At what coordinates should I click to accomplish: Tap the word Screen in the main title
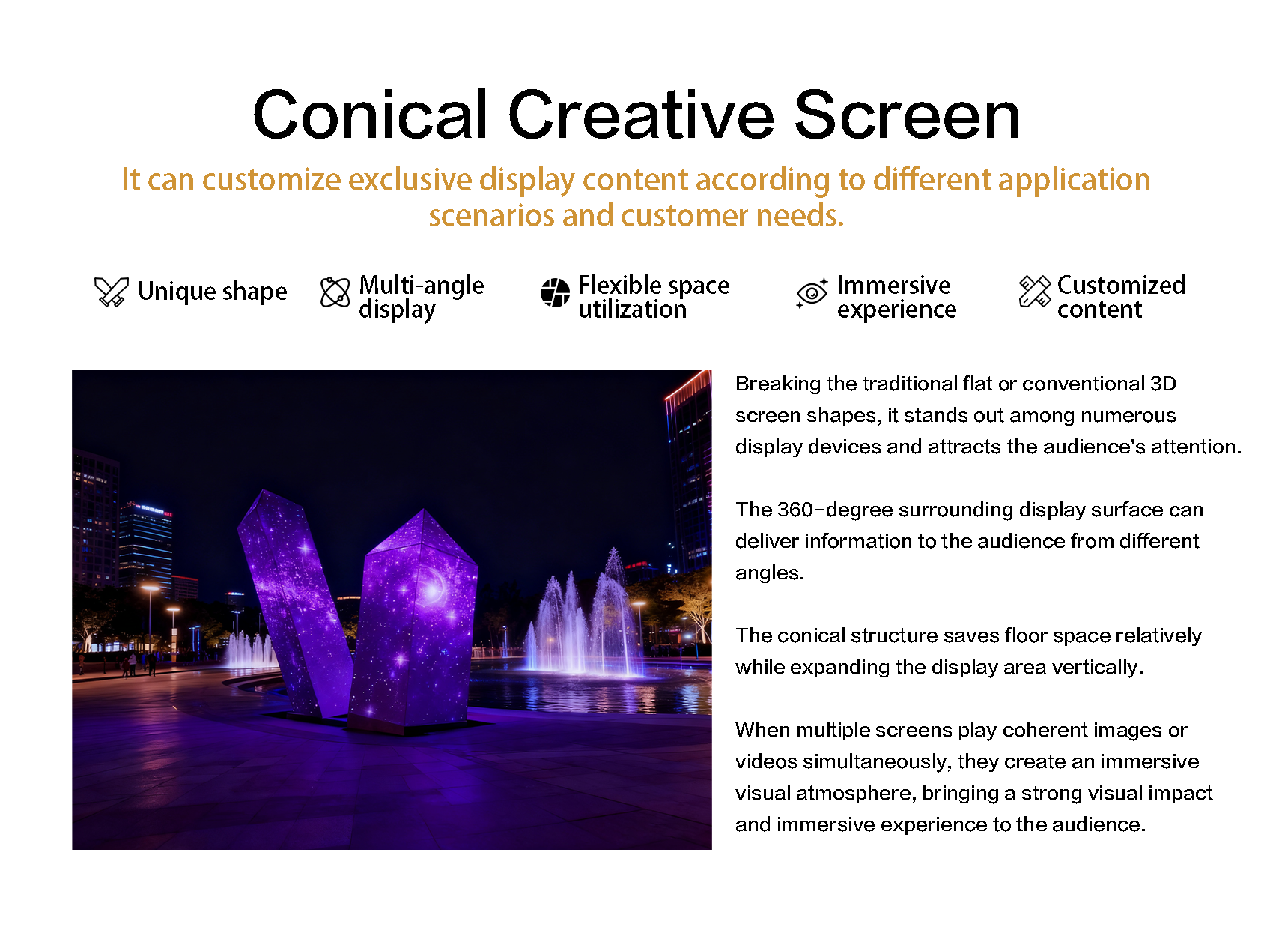coord(907,115)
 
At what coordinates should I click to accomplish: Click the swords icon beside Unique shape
coord(112,292)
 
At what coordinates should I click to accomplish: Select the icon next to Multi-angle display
coord(335,292)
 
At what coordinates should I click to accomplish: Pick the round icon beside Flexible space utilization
coord(555,292)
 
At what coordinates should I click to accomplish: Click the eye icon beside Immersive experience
coord(812,293)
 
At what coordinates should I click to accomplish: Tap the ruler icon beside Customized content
coord(1035,292)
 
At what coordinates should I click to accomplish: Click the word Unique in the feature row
coord(176,292)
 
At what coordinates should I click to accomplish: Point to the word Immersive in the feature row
coord(893,285)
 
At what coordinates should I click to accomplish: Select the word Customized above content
coord(1121,285)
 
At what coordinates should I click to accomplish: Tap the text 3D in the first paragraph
coord(1163,384)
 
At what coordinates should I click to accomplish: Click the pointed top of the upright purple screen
coord(423,510)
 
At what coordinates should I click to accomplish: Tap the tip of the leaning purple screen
coord(263,490)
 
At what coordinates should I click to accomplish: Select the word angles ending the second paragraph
coord(770,573)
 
